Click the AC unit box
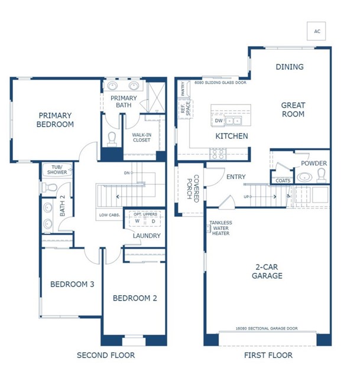pyautogui.click(x=317, y=31)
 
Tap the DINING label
pyautogui.click(x=290, y=67)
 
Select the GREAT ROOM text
pyautogui.click(x=293, y=110)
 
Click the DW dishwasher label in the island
pyautogui.click(x=219, y=121)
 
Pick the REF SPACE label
pyautogui.click(x=185, y=108)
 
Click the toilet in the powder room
pyautogui.click(x=322, y=174)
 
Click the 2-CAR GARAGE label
pyautogui.click(x=267, y=271)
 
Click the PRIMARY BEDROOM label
pyautogui.click(x=55, y=120)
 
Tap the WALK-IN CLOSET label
pyautogui.click(x=141, y=137)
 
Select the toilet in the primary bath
pyautogui.click(x=112, y=138)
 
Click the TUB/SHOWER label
pyautogui.click(x=57, y=170)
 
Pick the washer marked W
pyautogui.click(x=137, y=221)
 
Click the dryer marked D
pyautogui.click(x=153, y=221)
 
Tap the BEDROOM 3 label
pyautogui.click(x=72, y=285)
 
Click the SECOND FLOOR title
pyautogui.click(x=106, y=355)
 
